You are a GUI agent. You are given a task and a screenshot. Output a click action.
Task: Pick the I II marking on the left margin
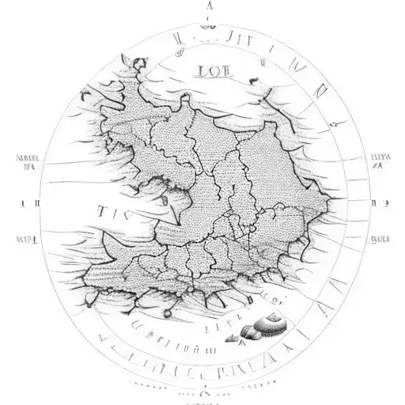click(28, 202)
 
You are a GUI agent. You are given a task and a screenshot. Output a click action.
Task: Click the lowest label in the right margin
click(379, 237)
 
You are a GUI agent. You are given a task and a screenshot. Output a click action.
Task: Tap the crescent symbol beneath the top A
click(208, 24)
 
